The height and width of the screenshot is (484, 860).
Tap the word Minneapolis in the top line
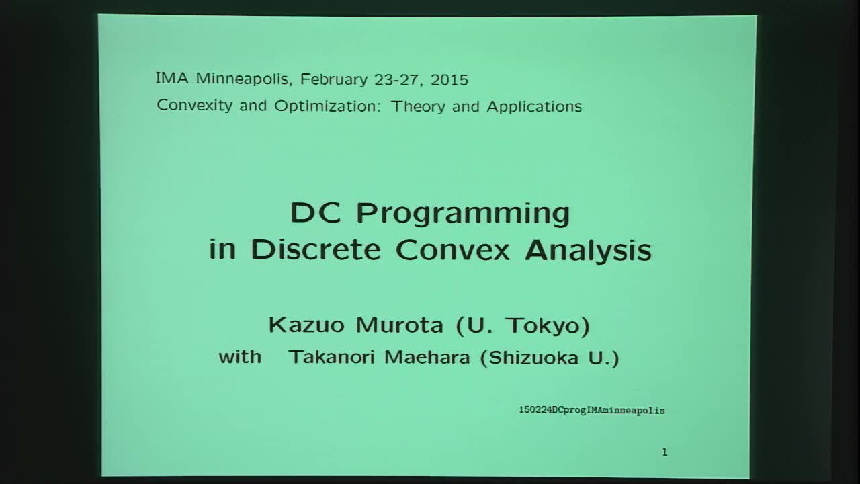click(243, 79)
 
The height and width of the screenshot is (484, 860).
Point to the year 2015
click(449, 79)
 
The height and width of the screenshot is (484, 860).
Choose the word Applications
click(534, 106)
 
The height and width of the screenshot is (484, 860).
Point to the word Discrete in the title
click(316, 249)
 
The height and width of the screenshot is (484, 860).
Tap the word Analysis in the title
click(589, 249)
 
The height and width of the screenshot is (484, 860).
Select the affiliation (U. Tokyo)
click(522, 325)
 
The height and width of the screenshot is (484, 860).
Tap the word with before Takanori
click(240, 356)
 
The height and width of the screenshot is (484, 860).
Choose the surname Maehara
click(427, 357)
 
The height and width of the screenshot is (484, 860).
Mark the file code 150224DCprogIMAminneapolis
click(591, 409)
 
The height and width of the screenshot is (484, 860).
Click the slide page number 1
click(664, 452)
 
